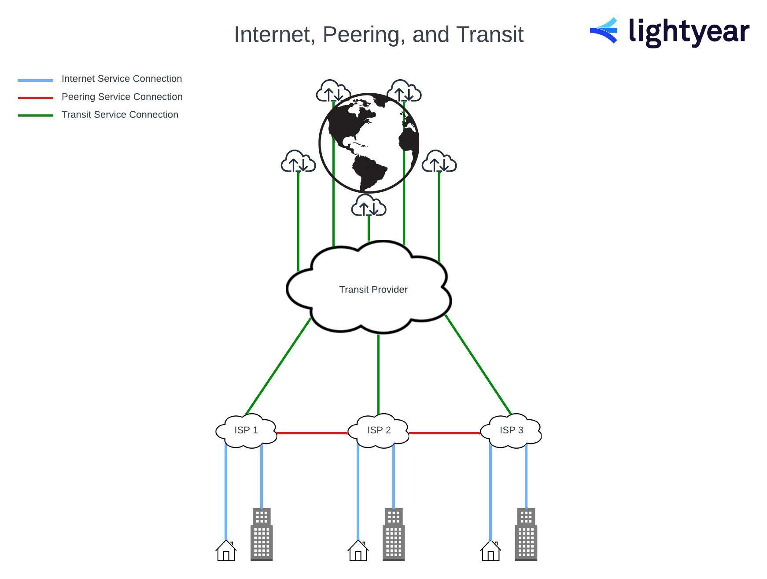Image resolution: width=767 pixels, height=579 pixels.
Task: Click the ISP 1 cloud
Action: click(x=246, y=431)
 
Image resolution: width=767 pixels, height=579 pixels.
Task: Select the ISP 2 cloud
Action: click(x=378, y=431)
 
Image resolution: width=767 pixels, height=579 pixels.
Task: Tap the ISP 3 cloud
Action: click(x=511, y=431)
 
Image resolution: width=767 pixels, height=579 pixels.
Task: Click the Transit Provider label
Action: click(x=373, y=289)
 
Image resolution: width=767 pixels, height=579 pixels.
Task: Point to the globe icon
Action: click(x=369, y=143)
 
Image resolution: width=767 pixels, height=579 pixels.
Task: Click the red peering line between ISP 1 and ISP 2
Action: click(x=312, y=433)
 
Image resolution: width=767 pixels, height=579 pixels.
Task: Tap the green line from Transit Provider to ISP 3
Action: click(x=478, y=365)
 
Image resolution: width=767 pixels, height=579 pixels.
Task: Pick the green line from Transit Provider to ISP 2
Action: click(x=378, y=374)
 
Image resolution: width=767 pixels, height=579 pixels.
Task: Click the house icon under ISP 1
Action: click(x=226, y=550)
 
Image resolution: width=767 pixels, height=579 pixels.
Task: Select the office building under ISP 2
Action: click(x=394, y=534)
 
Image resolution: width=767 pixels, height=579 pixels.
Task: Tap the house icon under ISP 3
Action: click(x=490, y=550)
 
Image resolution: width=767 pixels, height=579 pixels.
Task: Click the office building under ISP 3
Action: click(x=526, y=534)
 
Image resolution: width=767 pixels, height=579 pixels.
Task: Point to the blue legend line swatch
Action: click(x=35, y=81)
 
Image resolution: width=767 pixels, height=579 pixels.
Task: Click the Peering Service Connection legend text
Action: click(x=122, y=97)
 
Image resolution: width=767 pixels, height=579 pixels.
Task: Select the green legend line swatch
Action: click(x=35, y=115)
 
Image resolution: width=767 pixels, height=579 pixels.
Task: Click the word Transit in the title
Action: click(x=490, y=34)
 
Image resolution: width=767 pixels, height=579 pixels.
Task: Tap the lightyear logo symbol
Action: click(x=604, y=30)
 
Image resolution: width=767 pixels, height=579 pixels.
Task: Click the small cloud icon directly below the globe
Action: click(x=369, y=206)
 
